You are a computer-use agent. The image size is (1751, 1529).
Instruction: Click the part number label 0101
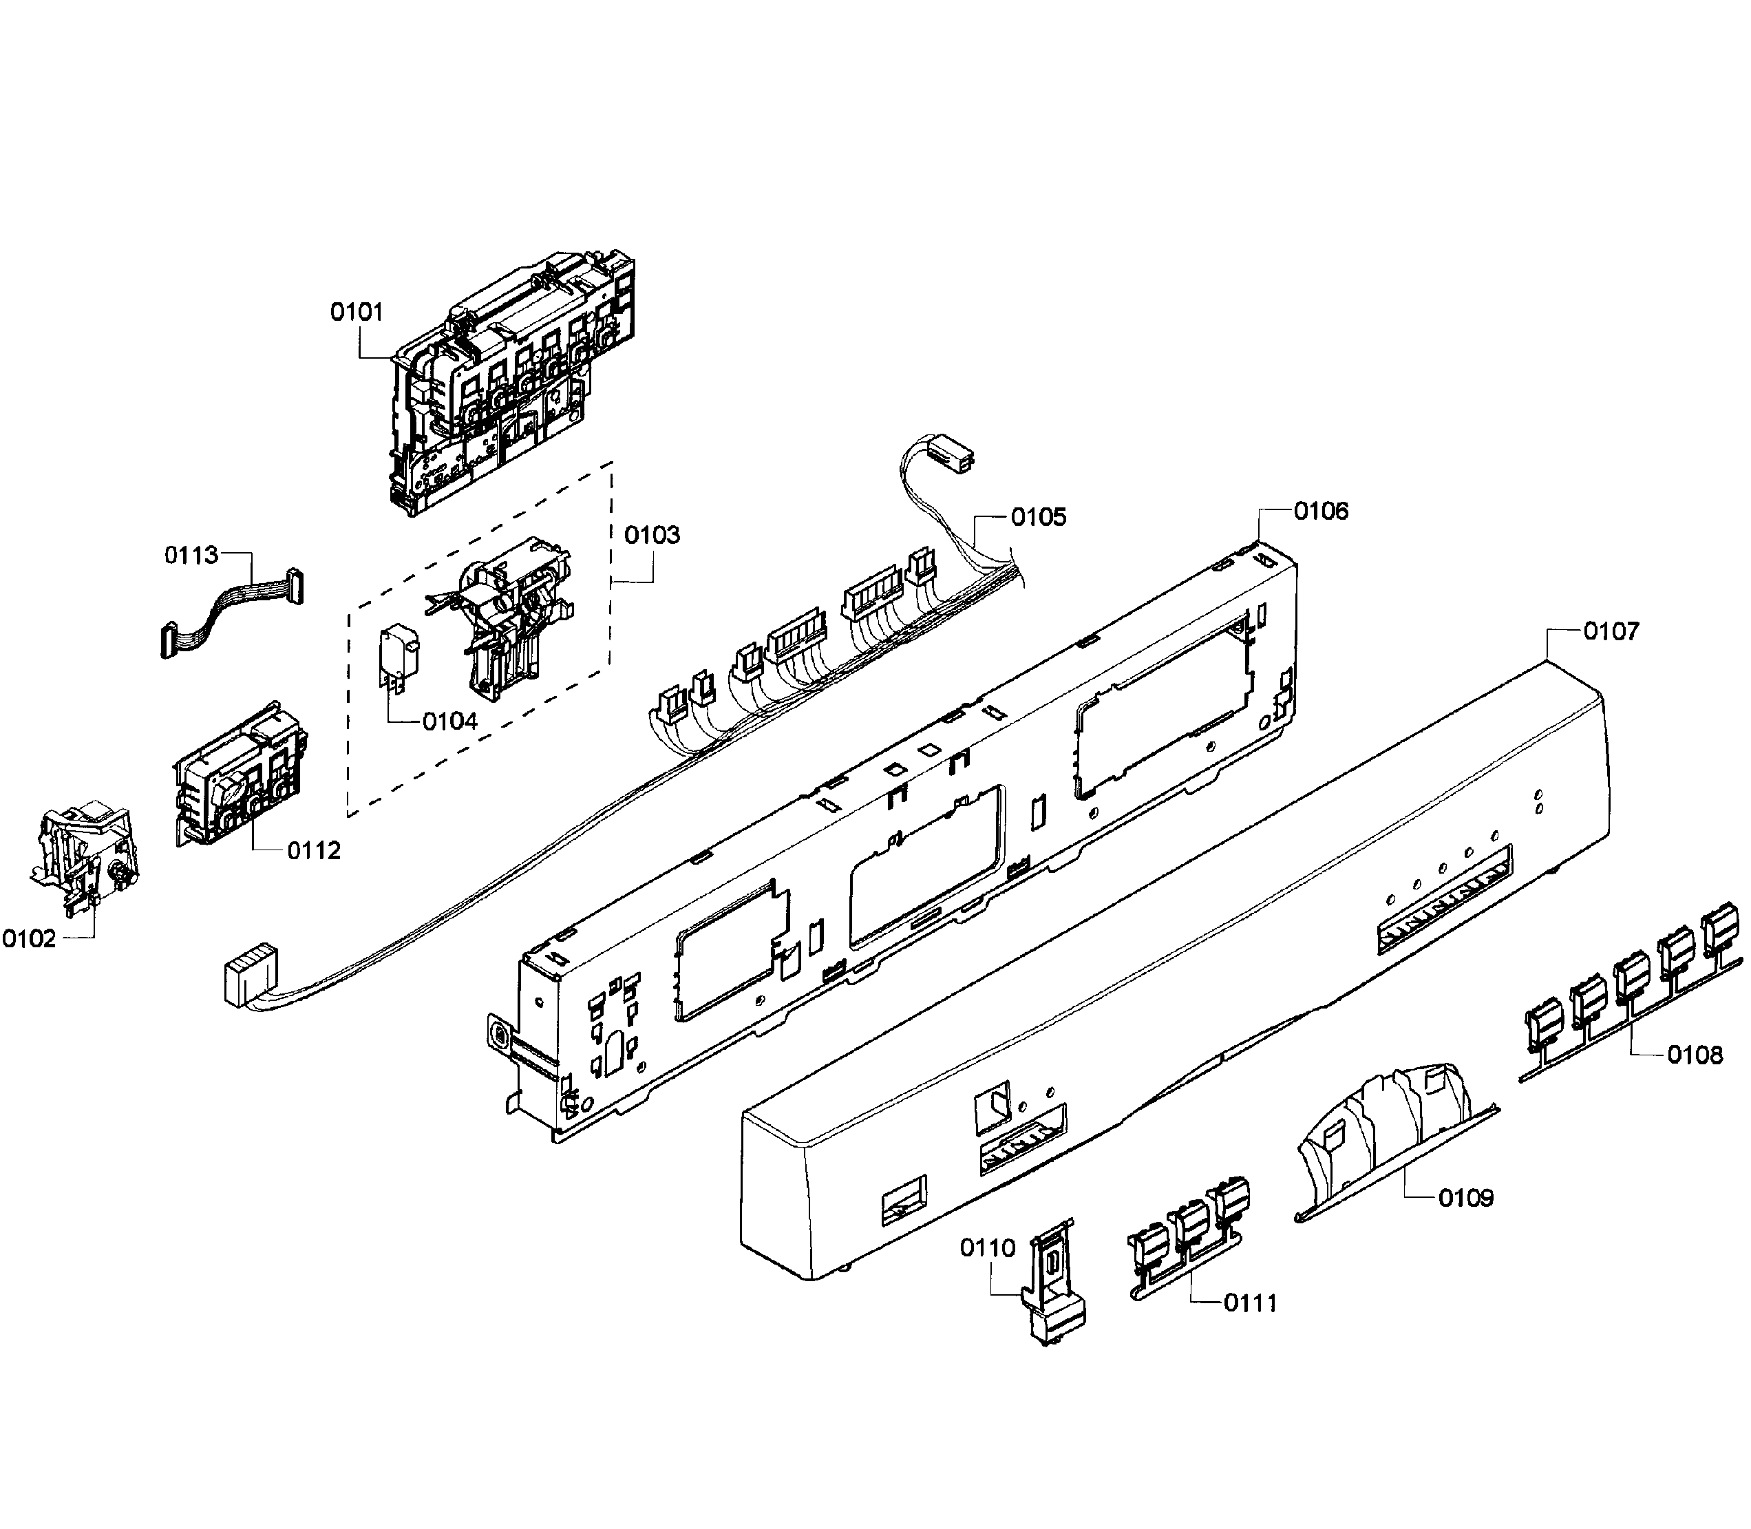[357, 313]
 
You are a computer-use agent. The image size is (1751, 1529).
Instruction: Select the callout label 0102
[29, 940]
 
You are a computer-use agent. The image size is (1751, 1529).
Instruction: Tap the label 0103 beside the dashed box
[652, 535]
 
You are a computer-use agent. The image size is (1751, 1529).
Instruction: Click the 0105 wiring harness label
[1038, 517]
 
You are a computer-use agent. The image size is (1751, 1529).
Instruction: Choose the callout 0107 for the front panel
[1611, 631]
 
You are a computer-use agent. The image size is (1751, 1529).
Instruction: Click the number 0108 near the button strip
[1695, 1055]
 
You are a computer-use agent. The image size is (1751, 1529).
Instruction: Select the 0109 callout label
[1465, 1198]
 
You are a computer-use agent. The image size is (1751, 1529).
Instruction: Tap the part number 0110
[988, 1248]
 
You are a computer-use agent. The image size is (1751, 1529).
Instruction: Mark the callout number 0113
[191, 556]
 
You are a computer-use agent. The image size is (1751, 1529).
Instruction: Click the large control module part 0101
[503, 384]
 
